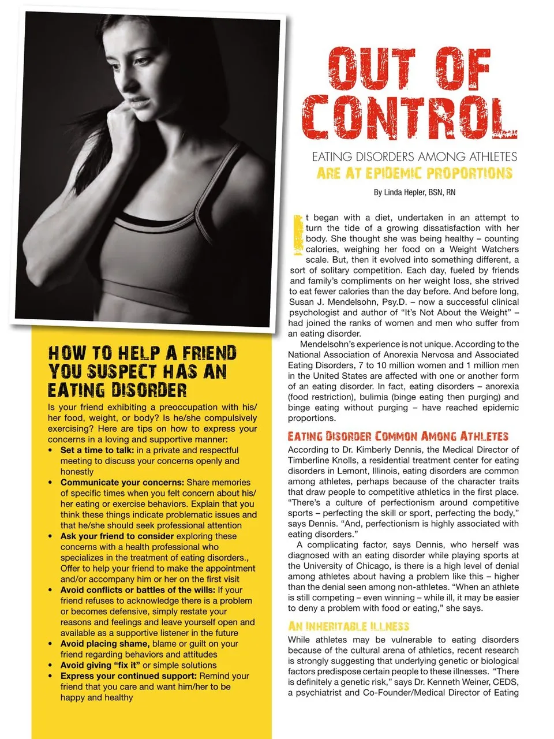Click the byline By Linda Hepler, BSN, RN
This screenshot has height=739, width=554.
click(x=414, y=192)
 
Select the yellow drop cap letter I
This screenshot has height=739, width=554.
click(x=297, y=235)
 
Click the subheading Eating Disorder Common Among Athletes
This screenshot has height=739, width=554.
click(x=398, y=436)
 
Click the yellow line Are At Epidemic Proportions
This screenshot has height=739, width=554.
click(x=414, y=173)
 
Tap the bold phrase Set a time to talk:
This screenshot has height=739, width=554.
click(x=97, y=450)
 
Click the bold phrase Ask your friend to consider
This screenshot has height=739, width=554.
click(x=117, y=536)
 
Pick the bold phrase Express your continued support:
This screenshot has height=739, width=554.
click(x=129, y=676)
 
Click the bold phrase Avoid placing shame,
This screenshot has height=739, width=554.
click(x=105, y=644)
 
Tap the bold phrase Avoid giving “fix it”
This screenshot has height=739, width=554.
click(x=100, y=665)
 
